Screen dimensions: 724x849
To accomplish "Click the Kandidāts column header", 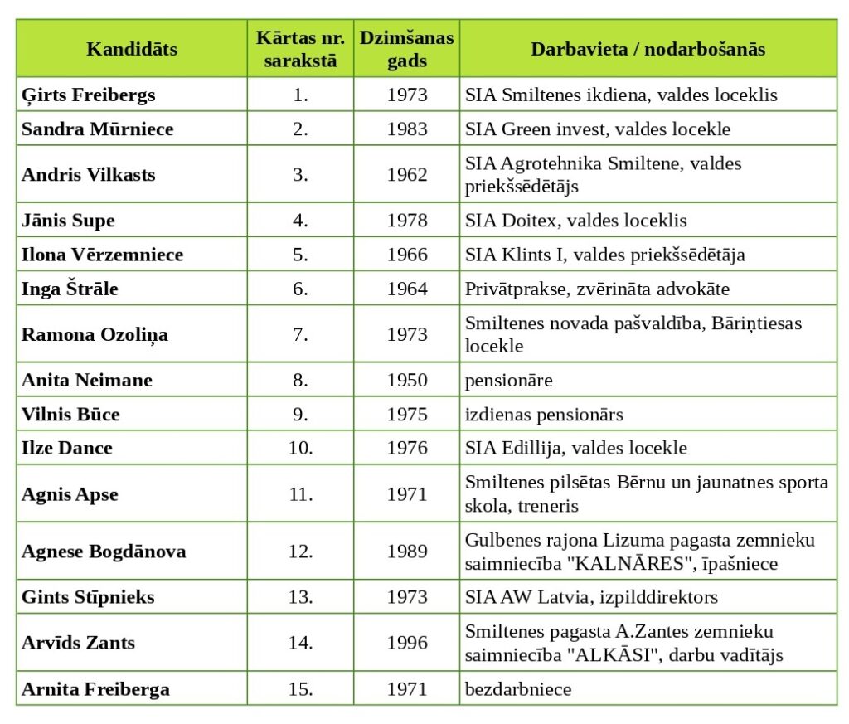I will point(132,49).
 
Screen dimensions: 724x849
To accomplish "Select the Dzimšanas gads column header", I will point(406,49).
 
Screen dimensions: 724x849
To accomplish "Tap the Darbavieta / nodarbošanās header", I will point(648,49).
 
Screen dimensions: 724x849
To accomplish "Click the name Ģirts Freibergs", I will point(89,95).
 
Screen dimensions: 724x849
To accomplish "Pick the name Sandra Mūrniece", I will point(97,129).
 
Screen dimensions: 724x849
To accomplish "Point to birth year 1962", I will point(407,174).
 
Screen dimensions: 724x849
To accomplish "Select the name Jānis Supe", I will point(68,220).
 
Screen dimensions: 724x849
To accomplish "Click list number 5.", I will point(300,254).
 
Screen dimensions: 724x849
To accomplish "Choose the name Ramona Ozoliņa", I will point(95,334).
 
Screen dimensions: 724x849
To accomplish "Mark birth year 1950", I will point(407,380).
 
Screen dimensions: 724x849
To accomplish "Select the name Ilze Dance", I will point(67,448).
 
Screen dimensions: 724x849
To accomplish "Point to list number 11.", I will point(300,494).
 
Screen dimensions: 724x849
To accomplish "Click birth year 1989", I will point(407,552).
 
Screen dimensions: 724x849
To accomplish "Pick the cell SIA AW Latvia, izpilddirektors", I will point(591,597).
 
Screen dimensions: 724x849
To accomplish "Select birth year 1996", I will point(407,643).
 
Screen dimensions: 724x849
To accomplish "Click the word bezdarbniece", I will point(518,688).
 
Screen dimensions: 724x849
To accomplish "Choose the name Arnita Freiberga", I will point(95,688).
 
